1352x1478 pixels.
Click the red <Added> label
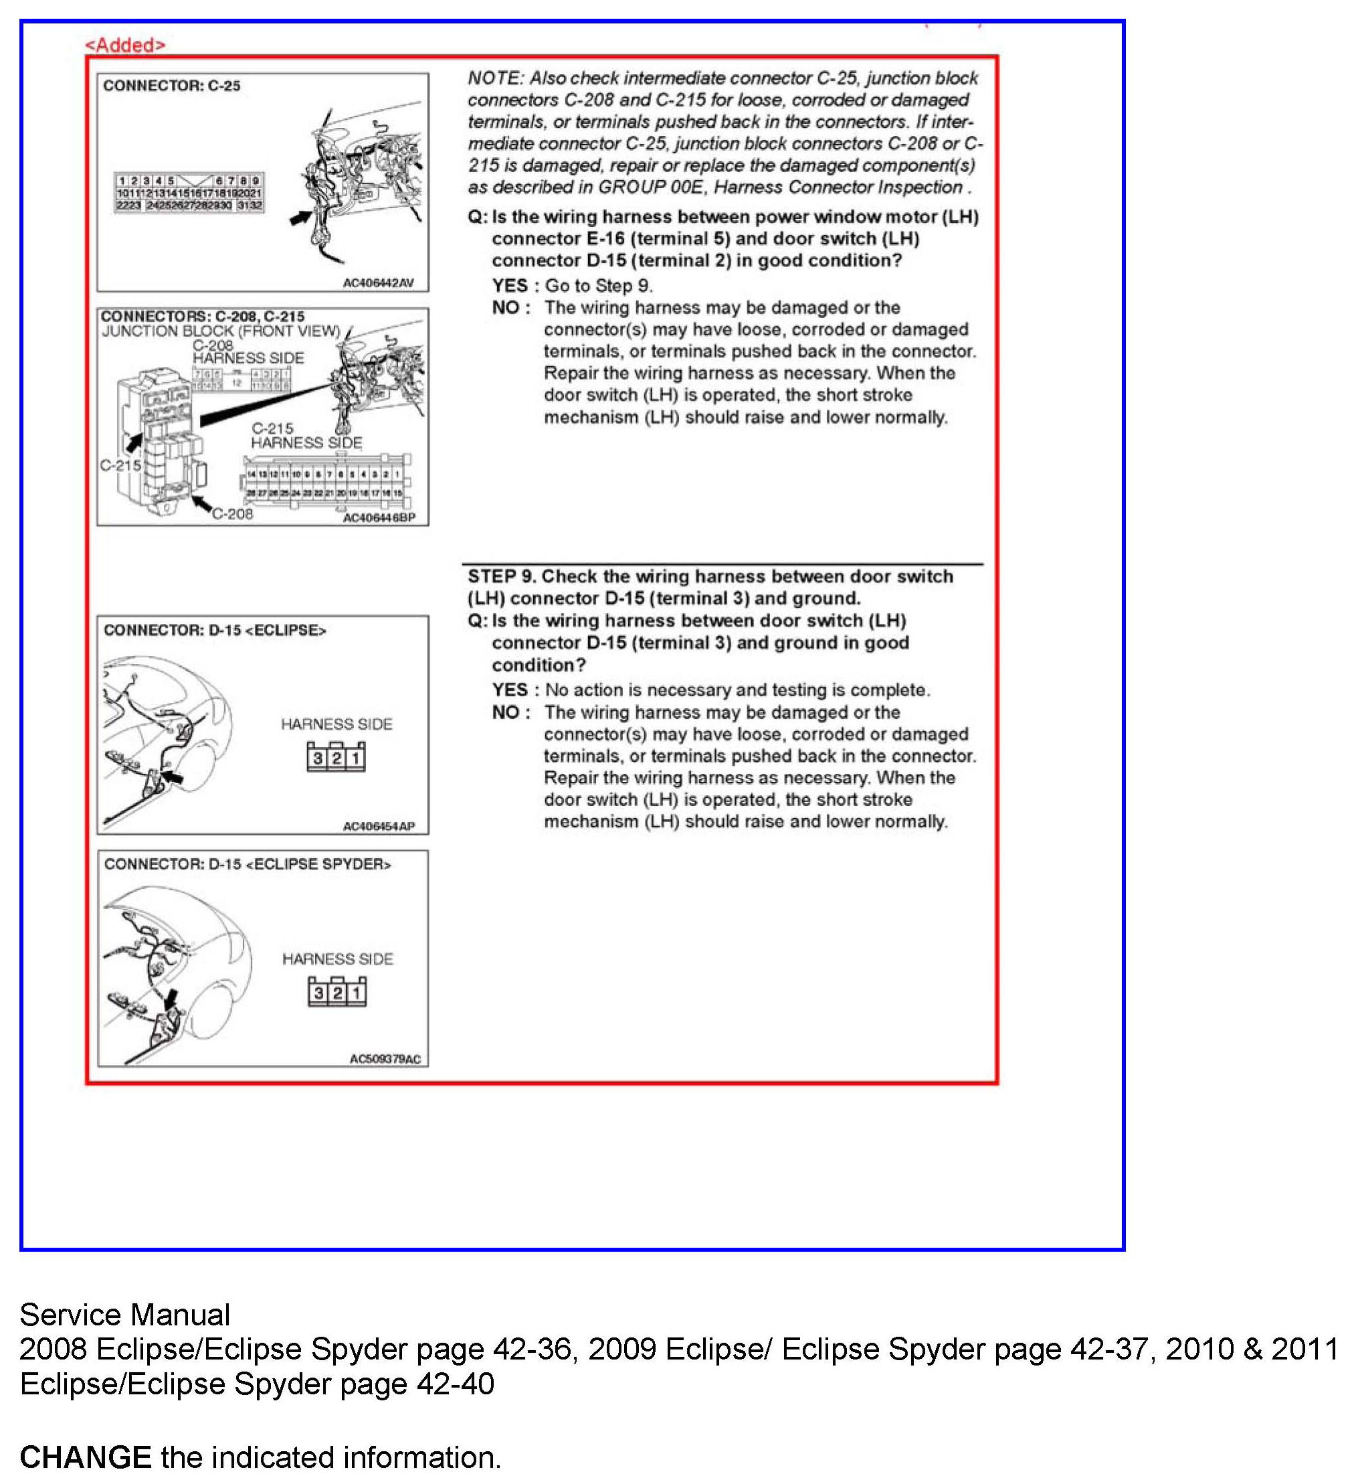pos(125,45)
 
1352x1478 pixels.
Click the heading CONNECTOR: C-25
pos(171,86)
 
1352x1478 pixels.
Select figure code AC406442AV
pos(378,283)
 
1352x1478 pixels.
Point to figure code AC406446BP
pos(379,517)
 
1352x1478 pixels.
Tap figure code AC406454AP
pos(379,826)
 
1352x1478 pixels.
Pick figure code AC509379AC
pos(385,1059)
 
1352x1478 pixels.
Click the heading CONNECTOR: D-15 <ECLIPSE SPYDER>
pos(248,864)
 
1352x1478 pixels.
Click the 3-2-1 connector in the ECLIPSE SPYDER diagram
pos(337,993)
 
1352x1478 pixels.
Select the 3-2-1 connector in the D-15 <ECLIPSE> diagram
pos(336,757)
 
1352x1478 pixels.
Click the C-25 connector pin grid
pos(189,193)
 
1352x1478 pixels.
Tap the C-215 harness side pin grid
pos(324,483)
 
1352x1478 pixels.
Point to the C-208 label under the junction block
pos(232,514)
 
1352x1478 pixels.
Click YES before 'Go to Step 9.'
pos(510,286)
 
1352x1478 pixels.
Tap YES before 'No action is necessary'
pos(510,690)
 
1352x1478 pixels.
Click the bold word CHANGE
pos(85,1456)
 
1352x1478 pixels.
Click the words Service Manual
pos(124,1315)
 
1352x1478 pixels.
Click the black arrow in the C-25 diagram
pos(300,218)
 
